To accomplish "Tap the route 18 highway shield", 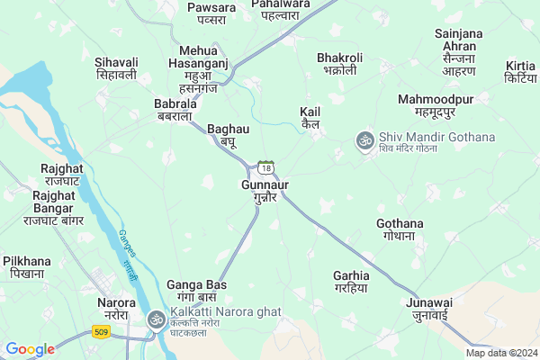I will pyautogui.click(x=265, y=167).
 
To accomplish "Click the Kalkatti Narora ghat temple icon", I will pyautogui.click(x=156, y=320).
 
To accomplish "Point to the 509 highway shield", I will pyautogui.click(x=98, y=333).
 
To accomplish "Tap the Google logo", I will pyautogui.click(x=30, y=349).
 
